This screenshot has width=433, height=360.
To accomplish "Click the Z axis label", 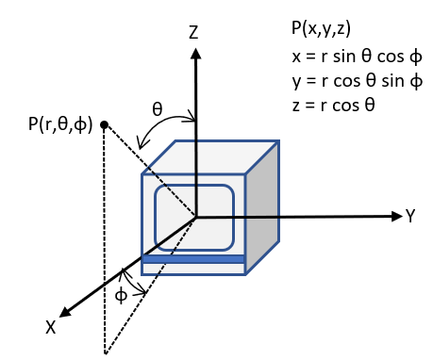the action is pyautogui.click(x=193, y=33).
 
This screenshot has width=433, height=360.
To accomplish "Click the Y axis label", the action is pyautogui.click(x=411, y=217).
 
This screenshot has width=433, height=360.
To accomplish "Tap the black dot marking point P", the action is pyautogui.click(x=105, y=124).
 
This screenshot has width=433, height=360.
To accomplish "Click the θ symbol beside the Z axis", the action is pyautogui.click(x=158, y=108).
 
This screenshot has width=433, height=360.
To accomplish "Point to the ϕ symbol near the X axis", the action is pyautogui.click(x=120, y=295).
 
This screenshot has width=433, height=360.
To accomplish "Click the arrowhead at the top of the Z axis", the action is pyautogui.click(x=196, y=52).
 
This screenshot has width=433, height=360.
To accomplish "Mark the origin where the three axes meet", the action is pyautogui.click(x=196, y=217).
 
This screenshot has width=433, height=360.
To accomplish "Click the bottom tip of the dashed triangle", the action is pyautogui.click(x=105, y=352).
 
